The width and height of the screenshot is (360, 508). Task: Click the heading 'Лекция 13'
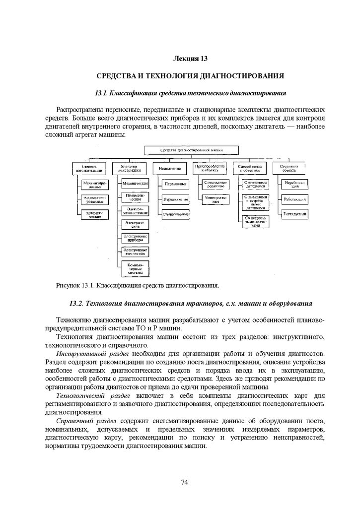(190, 59)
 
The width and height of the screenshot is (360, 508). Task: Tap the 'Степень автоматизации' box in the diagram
(89, 168)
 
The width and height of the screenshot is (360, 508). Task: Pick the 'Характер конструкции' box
(130, 168)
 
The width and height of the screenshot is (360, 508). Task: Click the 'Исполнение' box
(170, 168)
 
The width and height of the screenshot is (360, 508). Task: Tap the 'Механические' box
(135, 184)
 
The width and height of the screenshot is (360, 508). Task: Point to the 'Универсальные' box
(215, 199)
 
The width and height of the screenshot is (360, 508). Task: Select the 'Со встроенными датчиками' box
(256, 222)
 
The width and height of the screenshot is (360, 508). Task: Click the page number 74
(185, 482)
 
